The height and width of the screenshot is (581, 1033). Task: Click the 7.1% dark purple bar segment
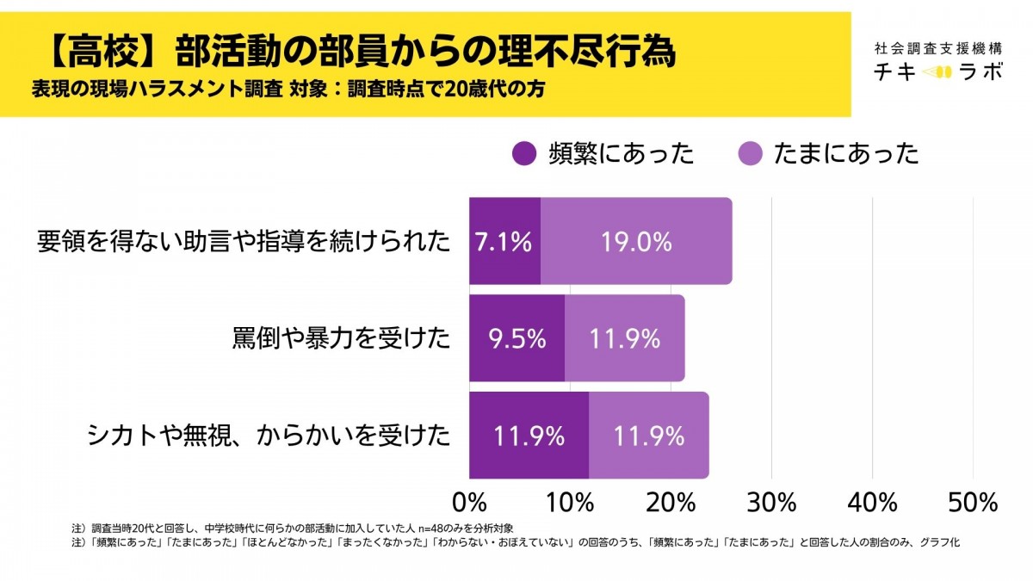coord(504,241)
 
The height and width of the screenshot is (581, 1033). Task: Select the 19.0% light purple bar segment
coord(636,241)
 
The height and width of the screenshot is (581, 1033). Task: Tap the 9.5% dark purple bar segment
coord(516,338)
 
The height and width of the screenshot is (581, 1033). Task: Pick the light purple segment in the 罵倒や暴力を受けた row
coord(625,338)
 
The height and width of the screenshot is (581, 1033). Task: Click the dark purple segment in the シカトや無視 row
coord(529,436)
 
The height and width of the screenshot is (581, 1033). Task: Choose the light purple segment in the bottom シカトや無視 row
coord(649,436)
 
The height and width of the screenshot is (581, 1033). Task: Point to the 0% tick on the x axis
coord(469,502)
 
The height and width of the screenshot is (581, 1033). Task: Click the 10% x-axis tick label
coord(569,502)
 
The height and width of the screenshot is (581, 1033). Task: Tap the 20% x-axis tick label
coord(671,502)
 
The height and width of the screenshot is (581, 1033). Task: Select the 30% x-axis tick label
coord(771,502)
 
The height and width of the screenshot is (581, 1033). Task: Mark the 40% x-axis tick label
coord(872,502)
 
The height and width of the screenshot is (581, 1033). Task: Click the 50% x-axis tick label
coord(973,502)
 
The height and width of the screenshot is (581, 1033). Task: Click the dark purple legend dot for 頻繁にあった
coord(523,154)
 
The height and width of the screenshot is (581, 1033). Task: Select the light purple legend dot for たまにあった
coord(750,154)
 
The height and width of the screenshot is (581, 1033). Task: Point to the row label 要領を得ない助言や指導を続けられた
coord(244,242)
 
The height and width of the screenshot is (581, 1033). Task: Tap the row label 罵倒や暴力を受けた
coord(341,339)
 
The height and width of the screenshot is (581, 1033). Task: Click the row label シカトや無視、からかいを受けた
coord(269,436)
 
